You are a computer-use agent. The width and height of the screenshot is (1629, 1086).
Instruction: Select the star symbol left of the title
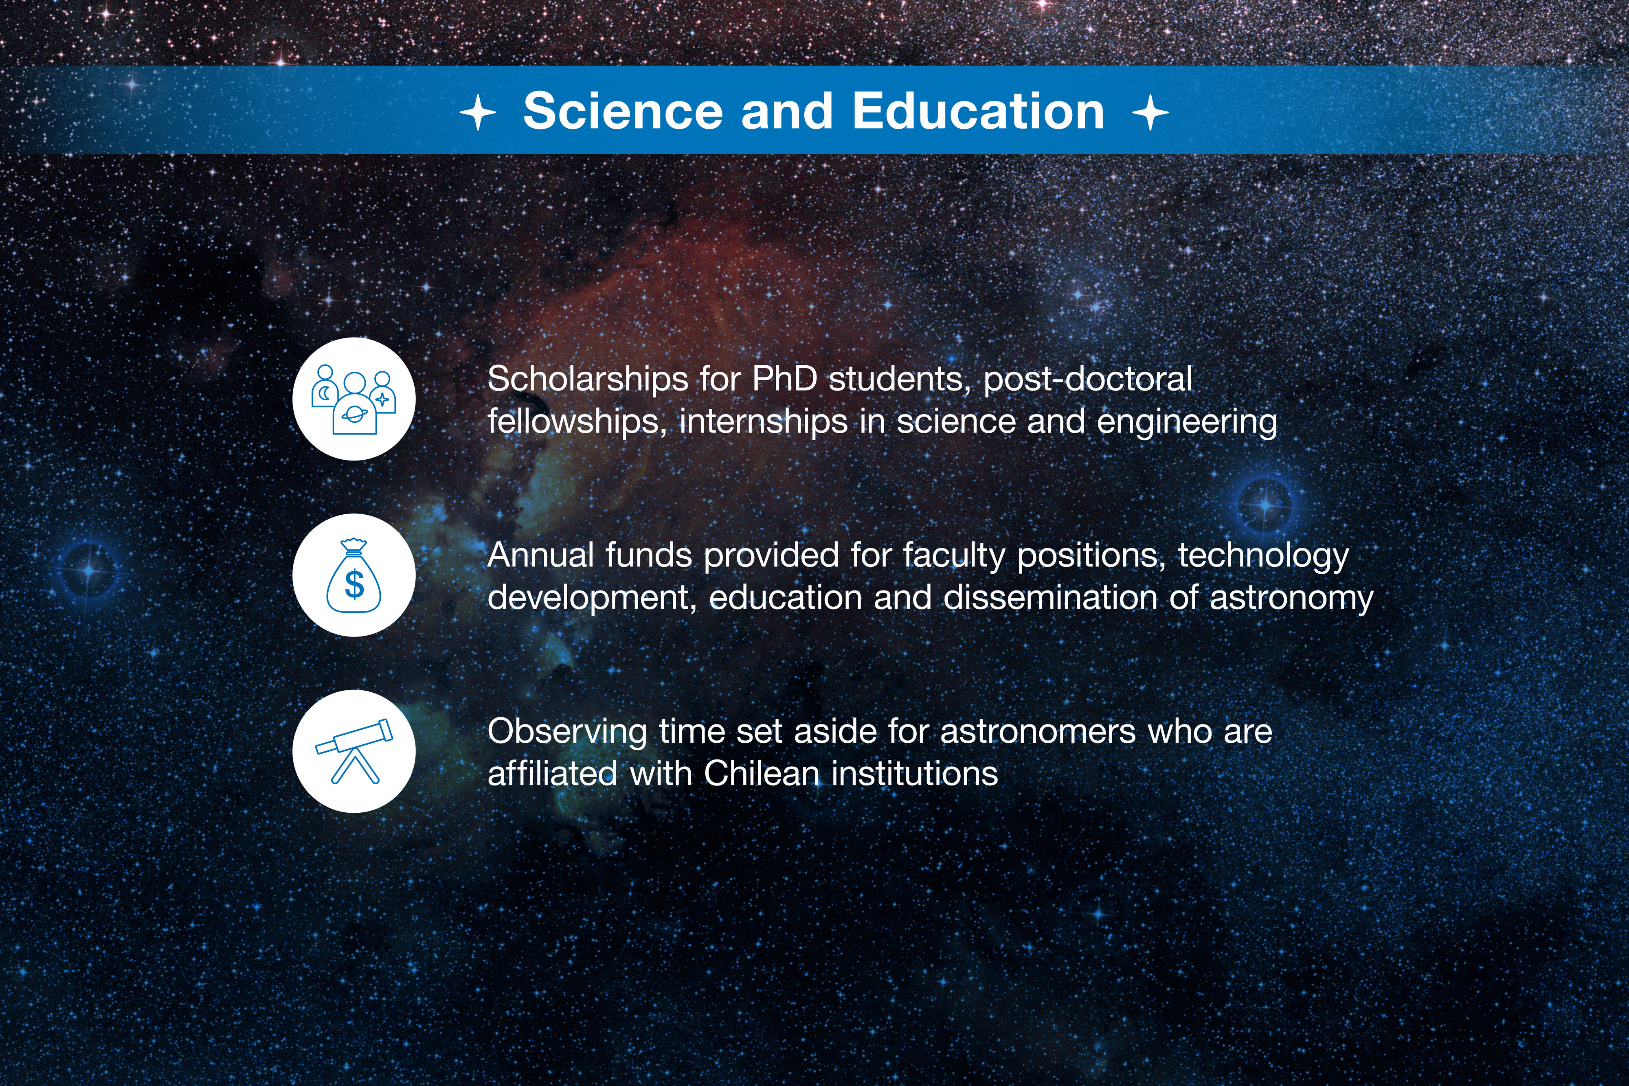tap(478, 112)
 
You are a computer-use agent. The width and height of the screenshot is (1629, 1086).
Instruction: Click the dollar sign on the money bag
tap(354, 584)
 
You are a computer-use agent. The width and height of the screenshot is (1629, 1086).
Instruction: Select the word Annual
tap(541, 555)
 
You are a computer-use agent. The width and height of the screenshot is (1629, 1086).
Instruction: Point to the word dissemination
tap(1050, 598)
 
